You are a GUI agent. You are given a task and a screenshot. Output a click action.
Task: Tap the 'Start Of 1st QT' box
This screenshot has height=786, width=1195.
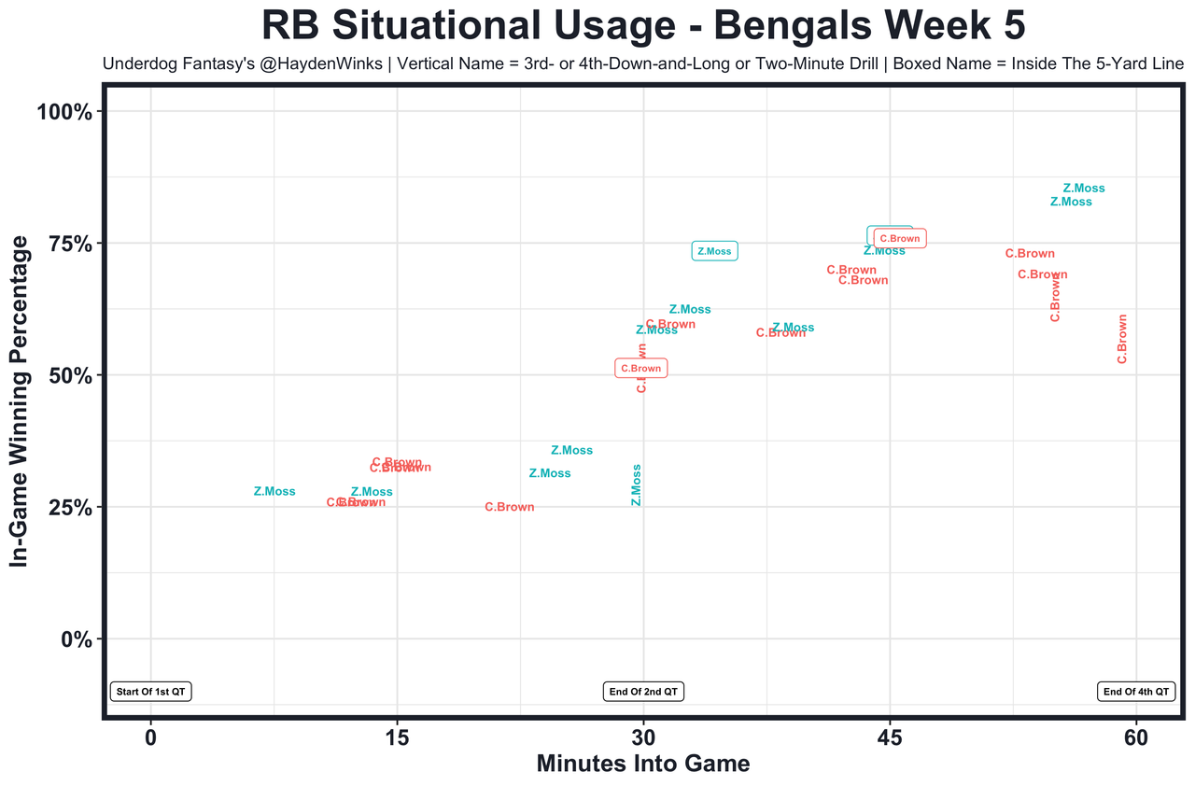pyautogui.click(x=151, y=692)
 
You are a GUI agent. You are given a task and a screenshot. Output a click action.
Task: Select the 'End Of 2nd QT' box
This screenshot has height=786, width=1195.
pyautogui.click(x=643, y=692)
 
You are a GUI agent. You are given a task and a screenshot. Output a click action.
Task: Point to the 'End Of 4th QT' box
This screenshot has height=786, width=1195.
pyautogui.click(x=1135, y=692)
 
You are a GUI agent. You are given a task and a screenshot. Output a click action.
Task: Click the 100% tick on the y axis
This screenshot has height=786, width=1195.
pyautogui.click(x=64, y=112)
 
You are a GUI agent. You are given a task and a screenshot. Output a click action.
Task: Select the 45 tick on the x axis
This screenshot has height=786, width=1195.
pyautogui.click(x=890, y=737)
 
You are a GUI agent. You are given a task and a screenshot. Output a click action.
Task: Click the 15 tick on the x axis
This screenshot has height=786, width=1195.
pyautogui.click(x=397, y=737)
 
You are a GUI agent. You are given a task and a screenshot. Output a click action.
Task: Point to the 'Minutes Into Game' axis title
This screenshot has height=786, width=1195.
pyautogui.click(x=643, y=764)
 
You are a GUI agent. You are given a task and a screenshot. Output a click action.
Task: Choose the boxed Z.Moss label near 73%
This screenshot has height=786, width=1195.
pyautogui.click(x=714, y=251)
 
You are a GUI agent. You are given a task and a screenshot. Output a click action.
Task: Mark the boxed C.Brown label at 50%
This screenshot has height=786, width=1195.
pyautogui.click(x=640, y=369)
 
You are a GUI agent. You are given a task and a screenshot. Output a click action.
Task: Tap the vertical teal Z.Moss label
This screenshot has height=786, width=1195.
pyautogui.click(x=636, y=484)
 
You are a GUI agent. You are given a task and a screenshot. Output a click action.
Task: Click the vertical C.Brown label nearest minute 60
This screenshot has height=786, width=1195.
pyautogui.click(x=1122, y=339)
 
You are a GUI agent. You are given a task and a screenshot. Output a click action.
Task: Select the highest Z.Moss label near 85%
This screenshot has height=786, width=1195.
pyautogui.click(x=1083, y=189)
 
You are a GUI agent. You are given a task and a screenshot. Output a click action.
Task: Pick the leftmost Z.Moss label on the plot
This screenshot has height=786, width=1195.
pyautogui.click(x=274, y=492)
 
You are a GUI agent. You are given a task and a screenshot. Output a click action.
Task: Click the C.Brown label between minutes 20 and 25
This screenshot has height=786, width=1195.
pyautogui.click(x=510, y=508)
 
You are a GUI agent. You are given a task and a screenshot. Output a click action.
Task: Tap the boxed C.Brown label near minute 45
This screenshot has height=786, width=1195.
pyautogui.click(x=900, y=239)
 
